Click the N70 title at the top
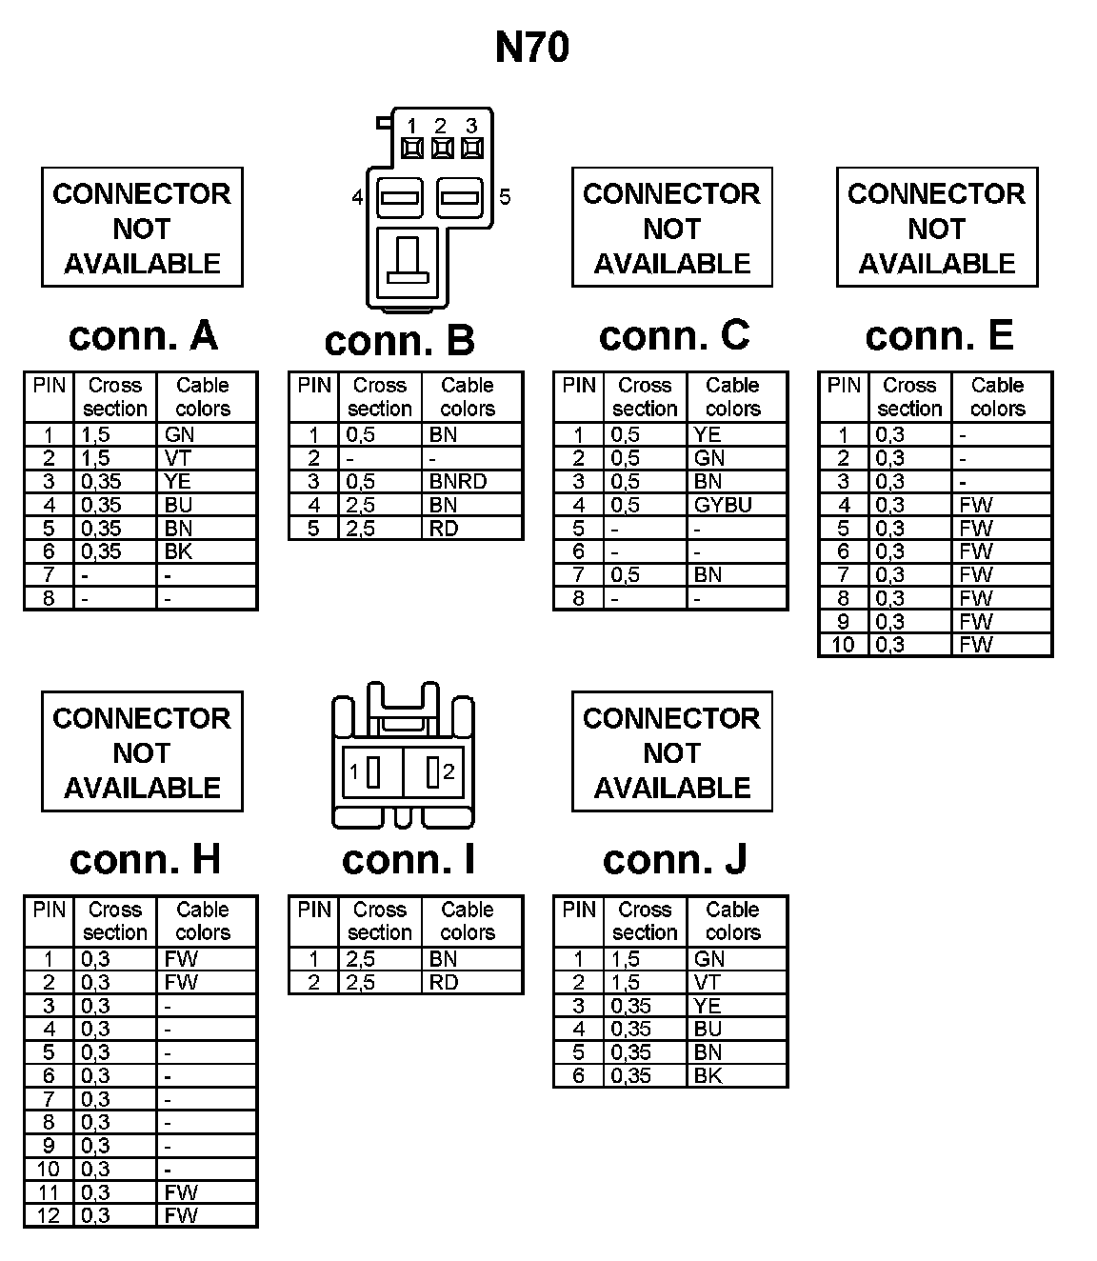pos(532,48)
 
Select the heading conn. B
pos(399,341)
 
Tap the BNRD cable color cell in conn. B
pos(458,482)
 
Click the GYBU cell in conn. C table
pos(724,505)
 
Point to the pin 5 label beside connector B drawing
pos(505,197)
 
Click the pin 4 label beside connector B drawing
pos(357,198)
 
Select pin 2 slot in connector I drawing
pos(433,772)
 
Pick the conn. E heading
pos(939,335)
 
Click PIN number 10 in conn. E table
pos(843,645)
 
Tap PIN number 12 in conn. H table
pos(49,1216)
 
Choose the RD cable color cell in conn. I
pos(444,983)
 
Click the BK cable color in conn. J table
pos(708,1076)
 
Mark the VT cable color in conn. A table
pos(178,458)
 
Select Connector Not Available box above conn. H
pos(142,752)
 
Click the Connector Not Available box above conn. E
pos(937,229)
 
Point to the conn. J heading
pos(674,860)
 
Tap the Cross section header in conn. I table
pos(380,921)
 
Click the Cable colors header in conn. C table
pos(733,397)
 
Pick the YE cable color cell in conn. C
pos(708,435)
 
